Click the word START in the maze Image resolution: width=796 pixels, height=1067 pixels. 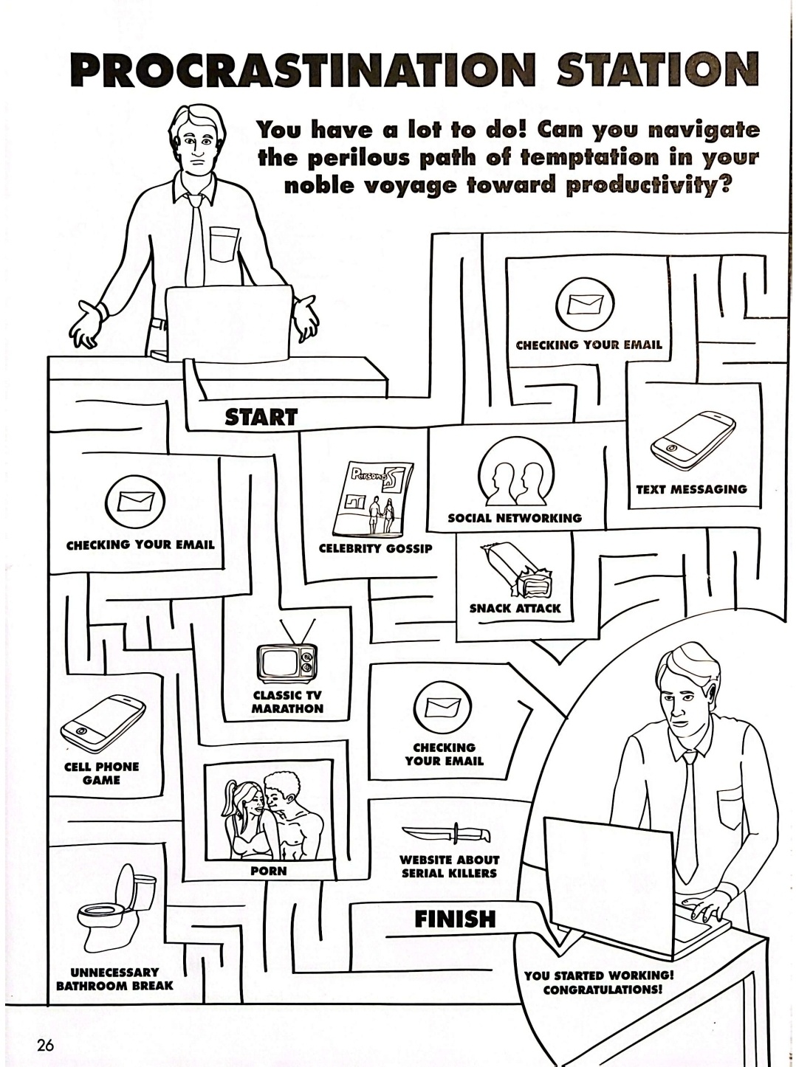(261, 417)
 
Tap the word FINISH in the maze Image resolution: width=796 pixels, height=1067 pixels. (455, 919)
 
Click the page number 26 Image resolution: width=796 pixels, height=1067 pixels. (44, 1045)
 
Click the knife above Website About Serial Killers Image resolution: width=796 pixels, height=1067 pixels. (447, 835)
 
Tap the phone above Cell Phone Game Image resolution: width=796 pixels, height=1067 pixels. (103, 721)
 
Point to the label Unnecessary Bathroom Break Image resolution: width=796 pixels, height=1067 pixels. (114, 978)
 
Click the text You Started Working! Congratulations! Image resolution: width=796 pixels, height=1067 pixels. (600, 982)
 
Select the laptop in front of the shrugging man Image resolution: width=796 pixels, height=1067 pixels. (226, 323)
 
